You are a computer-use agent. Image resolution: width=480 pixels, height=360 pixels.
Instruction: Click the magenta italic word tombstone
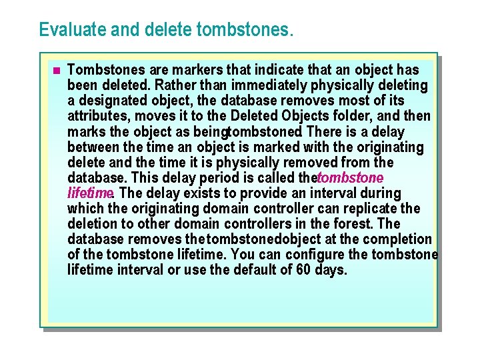(351, 178)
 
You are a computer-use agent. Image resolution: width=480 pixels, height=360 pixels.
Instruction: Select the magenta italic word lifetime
(89, 193)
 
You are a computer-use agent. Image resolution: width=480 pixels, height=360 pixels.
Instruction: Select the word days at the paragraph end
(331, 270)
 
